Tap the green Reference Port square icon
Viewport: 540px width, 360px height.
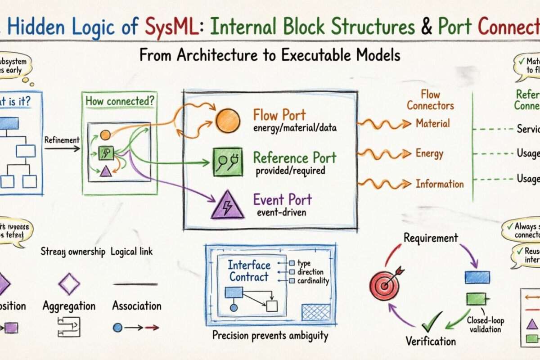pyautogui.click(x=224, y=161)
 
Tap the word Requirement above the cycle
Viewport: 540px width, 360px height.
pyautogui.click(x=430, y=238)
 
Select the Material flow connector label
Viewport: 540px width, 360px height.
pyautogui.click(x=432, y=123)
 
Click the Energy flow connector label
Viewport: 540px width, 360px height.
pyautogui.click(x=429, y=153)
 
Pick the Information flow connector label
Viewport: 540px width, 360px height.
pyautogui.click(x=439, y=184)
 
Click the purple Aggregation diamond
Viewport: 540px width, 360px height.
pyautogui.click(x=69, y=284)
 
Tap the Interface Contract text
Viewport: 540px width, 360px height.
pyautogui.click(x=249, y=271)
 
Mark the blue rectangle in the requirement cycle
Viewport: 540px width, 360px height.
pyautogui.click(x=477, y=277)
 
